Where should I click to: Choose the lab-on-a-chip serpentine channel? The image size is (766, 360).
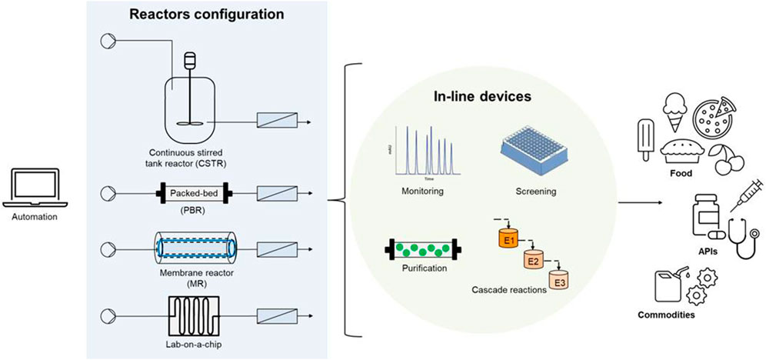[x=191, y=314]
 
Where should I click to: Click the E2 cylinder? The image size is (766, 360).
[x=534, y=261]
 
